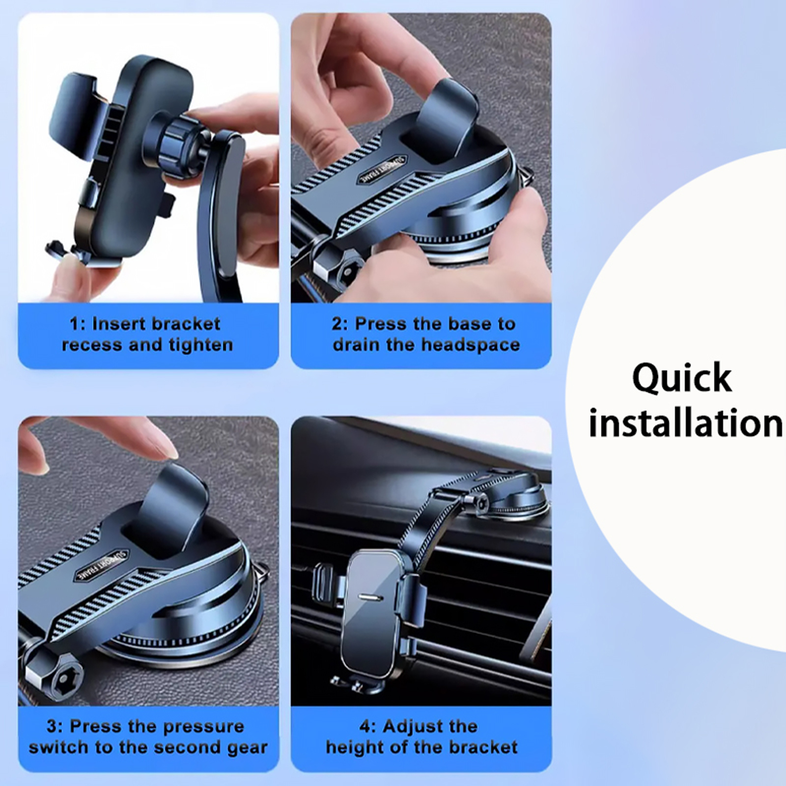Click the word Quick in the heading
[x=682, y=378]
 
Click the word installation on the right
[x=686, y=422]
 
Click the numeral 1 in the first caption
[x=74, y=324]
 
